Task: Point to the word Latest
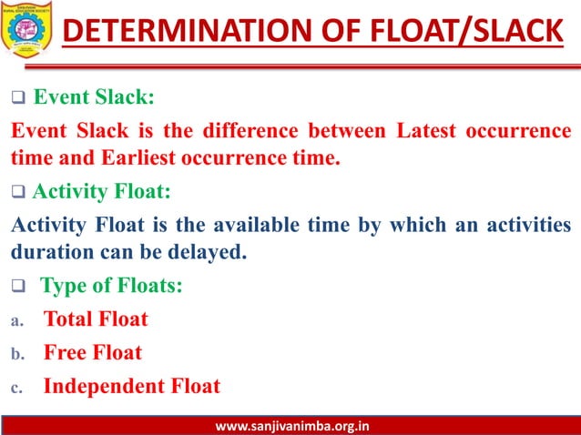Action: tap(427, 130)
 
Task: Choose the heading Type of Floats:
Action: tap(111, 286)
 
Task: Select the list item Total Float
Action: tap(96, 319)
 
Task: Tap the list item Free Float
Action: tap(93, 352)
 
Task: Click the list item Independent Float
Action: tap(132, 386)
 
